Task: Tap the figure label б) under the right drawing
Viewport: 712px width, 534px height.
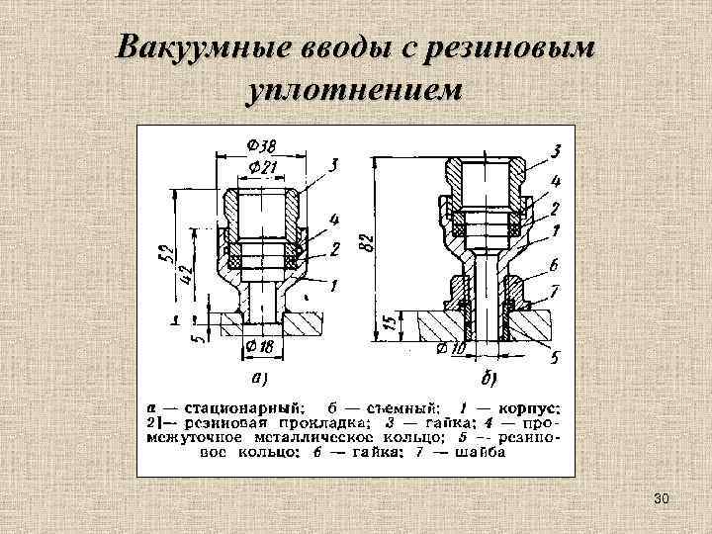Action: click(x=489, y=378)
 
